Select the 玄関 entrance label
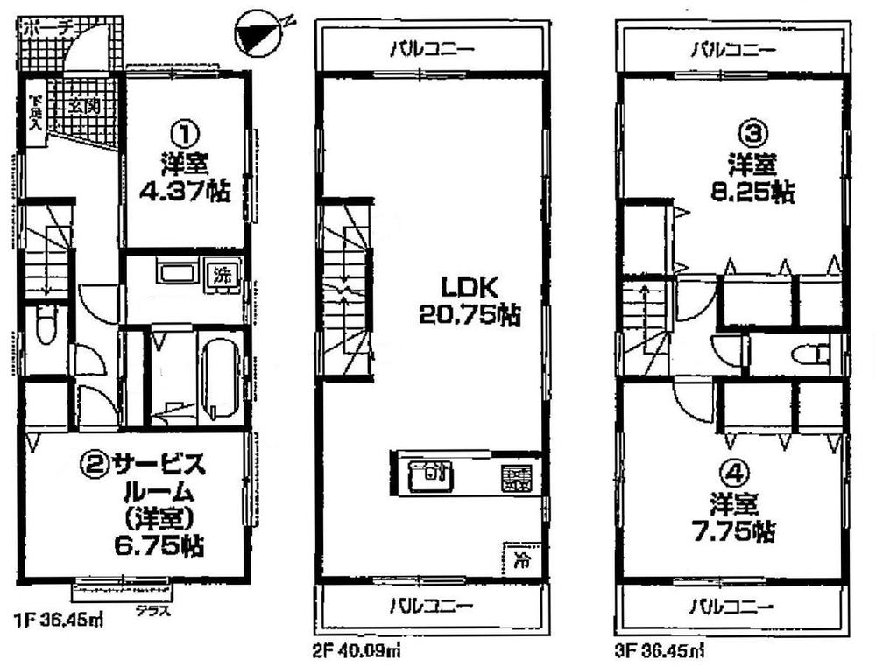[84, 107]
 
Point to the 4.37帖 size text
[184, 193]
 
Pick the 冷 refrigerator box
[519, 557]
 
